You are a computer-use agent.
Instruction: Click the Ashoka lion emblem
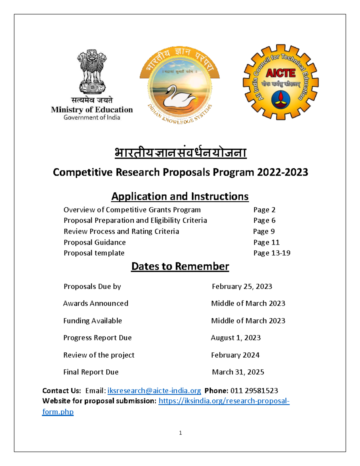coord(92,71)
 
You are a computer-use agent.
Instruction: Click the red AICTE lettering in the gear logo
coord(280,73)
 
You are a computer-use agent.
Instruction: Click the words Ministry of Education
coord(92,110)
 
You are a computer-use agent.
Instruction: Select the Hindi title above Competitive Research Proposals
coord(180,153)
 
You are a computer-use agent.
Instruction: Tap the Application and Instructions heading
coord(180,196)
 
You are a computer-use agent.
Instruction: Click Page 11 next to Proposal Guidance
coord(266,242)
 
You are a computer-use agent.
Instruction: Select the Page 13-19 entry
coord(272,253)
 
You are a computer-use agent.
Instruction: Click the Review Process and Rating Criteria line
coord(121,231)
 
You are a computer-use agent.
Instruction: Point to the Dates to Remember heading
coord(180,266)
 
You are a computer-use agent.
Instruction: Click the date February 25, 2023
coord(242,287)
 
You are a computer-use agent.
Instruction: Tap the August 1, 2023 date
coord(235,338)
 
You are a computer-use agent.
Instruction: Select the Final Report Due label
coord(91,372)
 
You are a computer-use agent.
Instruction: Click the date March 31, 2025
coord(238,372)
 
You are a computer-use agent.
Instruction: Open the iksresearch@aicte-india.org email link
coord(154,391)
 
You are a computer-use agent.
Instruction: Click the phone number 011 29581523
coord(254,391)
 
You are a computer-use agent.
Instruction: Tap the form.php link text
coord(58,412)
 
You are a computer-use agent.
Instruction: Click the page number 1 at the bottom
coord(180,433)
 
